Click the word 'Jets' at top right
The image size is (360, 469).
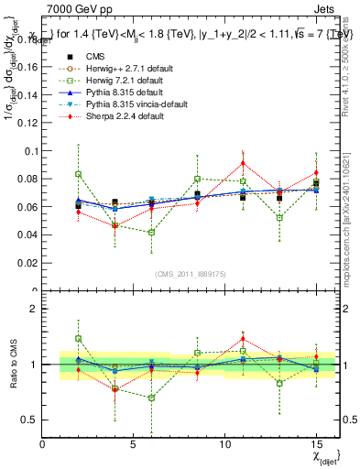[x=326, y=8]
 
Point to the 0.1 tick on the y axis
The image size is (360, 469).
[x=29, y=150]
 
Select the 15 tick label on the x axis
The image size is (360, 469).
[x=316, y=444]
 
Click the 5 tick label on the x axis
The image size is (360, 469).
[x=134, y=444]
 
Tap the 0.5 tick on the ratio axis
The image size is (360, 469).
[x=29, y=420]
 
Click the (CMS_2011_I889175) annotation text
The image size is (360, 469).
[x=191, y=274]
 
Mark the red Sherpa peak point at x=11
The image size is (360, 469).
[x=243, y=163]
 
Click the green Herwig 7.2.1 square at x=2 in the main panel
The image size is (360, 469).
[x=79, y=174]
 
